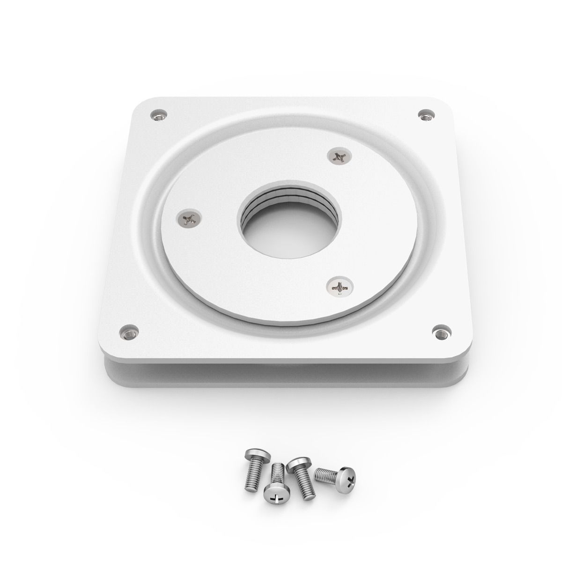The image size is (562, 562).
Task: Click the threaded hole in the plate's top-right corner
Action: tap(425, 114)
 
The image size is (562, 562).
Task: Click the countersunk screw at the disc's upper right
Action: tap(339, 156)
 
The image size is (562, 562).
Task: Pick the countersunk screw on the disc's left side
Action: tap(190, 218)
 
